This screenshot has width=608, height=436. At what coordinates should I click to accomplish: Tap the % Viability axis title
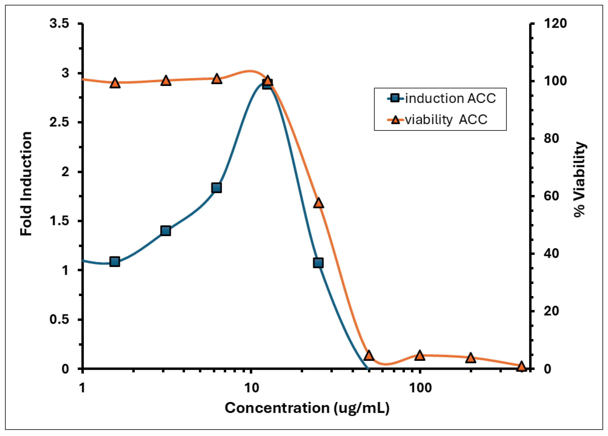point(580,179)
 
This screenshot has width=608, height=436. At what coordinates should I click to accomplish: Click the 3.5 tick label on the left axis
point(59,24)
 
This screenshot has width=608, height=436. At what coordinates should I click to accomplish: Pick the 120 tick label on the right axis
point(555,24)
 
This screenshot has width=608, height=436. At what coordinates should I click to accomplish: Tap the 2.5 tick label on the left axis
point(59,122)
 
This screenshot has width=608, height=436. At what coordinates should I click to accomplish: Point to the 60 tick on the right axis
point(551,196)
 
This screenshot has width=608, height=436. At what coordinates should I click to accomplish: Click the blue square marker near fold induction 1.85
point(217,188)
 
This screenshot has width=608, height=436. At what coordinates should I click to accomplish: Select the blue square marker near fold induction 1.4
point(166,231)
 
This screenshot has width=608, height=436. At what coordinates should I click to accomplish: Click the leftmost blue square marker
point(115,262)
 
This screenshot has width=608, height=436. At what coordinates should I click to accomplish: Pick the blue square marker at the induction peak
point(267,85)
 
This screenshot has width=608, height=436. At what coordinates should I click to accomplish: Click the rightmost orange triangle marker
point(521,366)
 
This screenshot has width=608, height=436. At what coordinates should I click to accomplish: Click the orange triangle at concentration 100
point(420,356)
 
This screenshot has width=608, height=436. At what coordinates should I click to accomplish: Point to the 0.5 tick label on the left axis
point(59,319)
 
